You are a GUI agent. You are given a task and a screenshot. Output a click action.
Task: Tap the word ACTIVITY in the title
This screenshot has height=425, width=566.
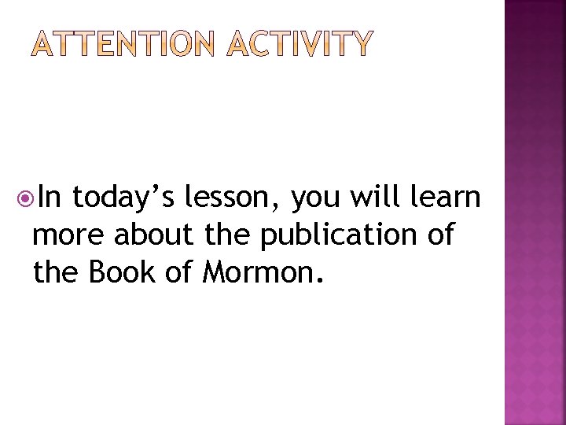299,46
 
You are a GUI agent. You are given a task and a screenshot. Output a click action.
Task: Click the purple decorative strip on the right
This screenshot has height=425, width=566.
535,213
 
